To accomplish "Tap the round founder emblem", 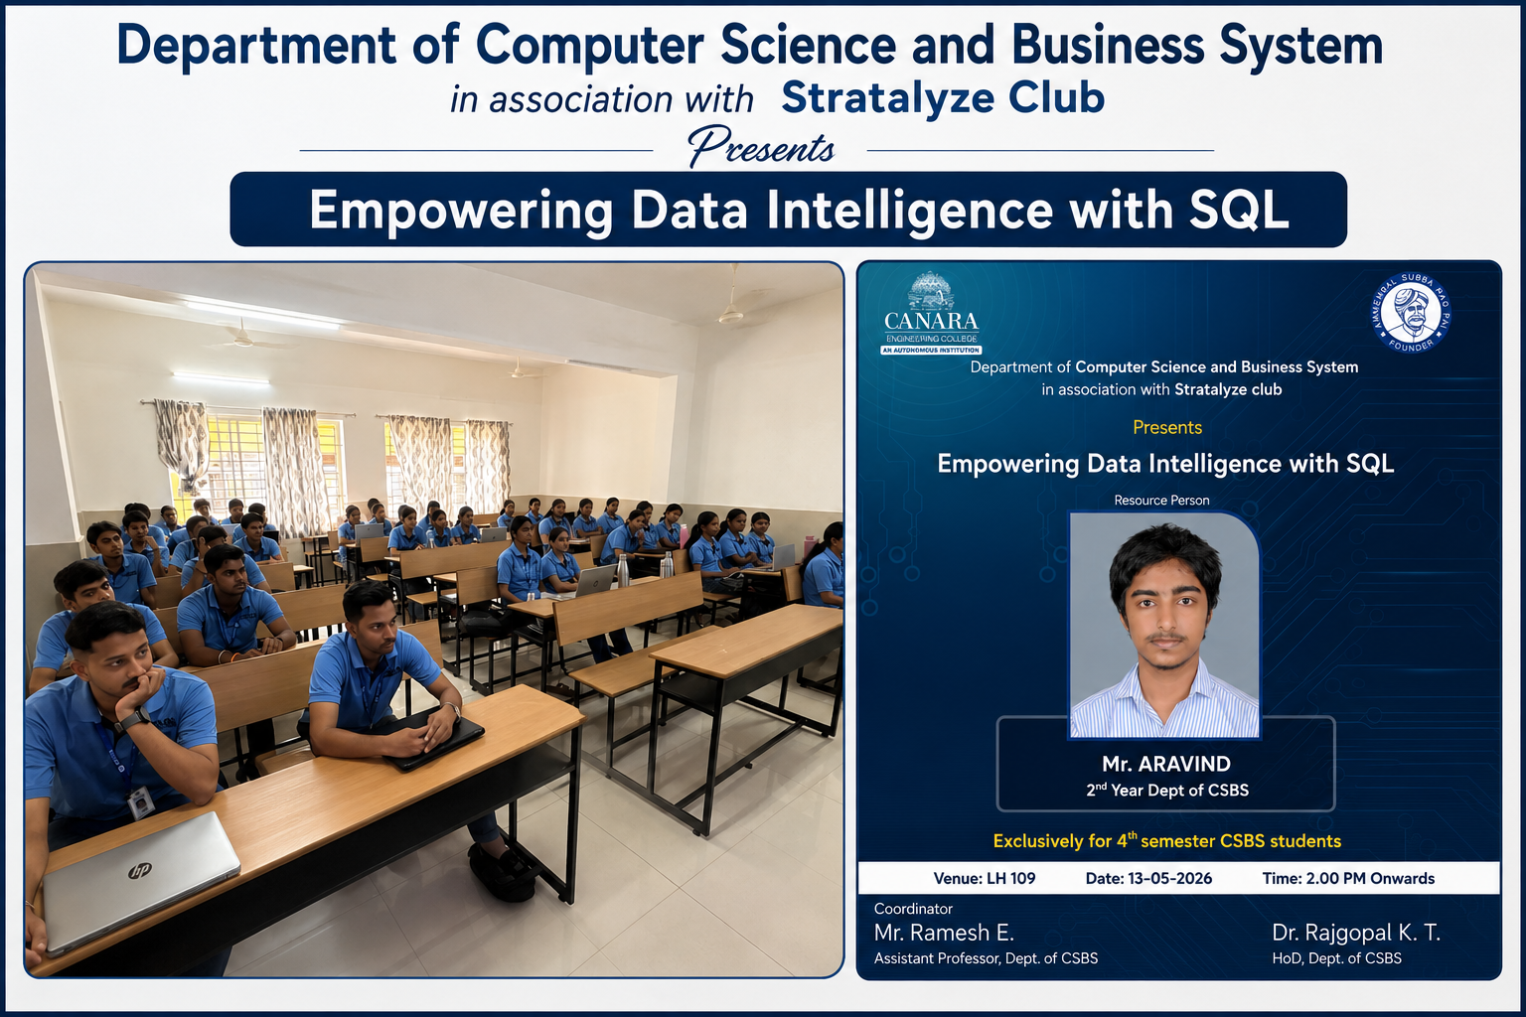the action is click(1410, 312).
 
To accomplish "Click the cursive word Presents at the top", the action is click(760, 146).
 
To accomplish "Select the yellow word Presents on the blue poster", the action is click(1167, 427).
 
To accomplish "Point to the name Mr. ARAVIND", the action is click(1166, 764).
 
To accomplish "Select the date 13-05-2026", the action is click(1169, 878).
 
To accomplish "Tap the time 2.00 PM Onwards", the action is click(1370, 878).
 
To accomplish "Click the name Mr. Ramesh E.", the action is click(944, 932).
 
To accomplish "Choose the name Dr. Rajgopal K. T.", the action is click(1356, 932).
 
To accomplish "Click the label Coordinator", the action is click(913, 909).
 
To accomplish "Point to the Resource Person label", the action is click(1161, 500).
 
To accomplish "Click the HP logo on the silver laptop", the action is click(140, 871).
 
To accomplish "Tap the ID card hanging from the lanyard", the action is click(141, 802).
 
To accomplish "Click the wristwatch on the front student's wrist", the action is click(134, 719).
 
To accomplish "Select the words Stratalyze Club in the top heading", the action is click(943, 97).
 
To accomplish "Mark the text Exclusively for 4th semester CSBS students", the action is click(1167, 840).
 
